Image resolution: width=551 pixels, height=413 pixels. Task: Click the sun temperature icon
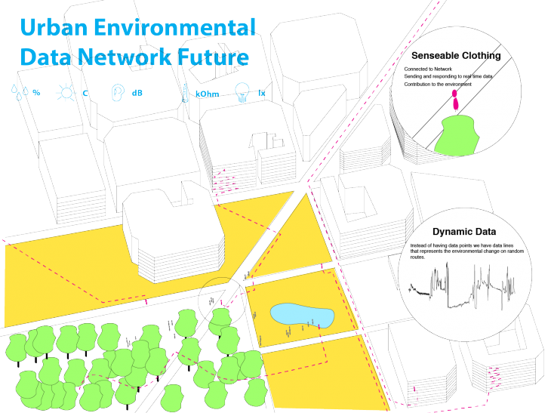pyautogui.click(x=68, y=93)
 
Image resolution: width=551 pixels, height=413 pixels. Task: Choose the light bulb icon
pyautogui.click(x=242, y=92)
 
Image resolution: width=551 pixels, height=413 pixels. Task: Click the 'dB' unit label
pyautogui.click(x=137, y=94)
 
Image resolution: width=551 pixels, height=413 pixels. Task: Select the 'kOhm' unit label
pyautogui.click(x=208, y=94)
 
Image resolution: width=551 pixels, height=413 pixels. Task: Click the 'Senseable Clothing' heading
pyautogui.click(x=456, y=56)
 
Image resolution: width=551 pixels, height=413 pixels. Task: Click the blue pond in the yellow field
pyautogui.click(x=301, y=313)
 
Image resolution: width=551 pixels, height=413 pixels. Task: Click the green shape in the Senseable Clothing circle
pyautogui.click(x=457, y=136)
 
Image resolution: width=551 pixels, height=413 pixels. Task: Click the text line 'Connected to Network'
pyautogui.click(x=423, y=69)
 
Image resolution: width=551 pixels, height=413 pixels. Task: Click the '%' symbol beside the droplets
pyautogui.click(x=35, y=93)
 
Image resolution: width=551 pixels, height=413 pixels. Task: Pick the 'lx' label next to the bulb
pyautogui.click(x=262, y=94)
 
